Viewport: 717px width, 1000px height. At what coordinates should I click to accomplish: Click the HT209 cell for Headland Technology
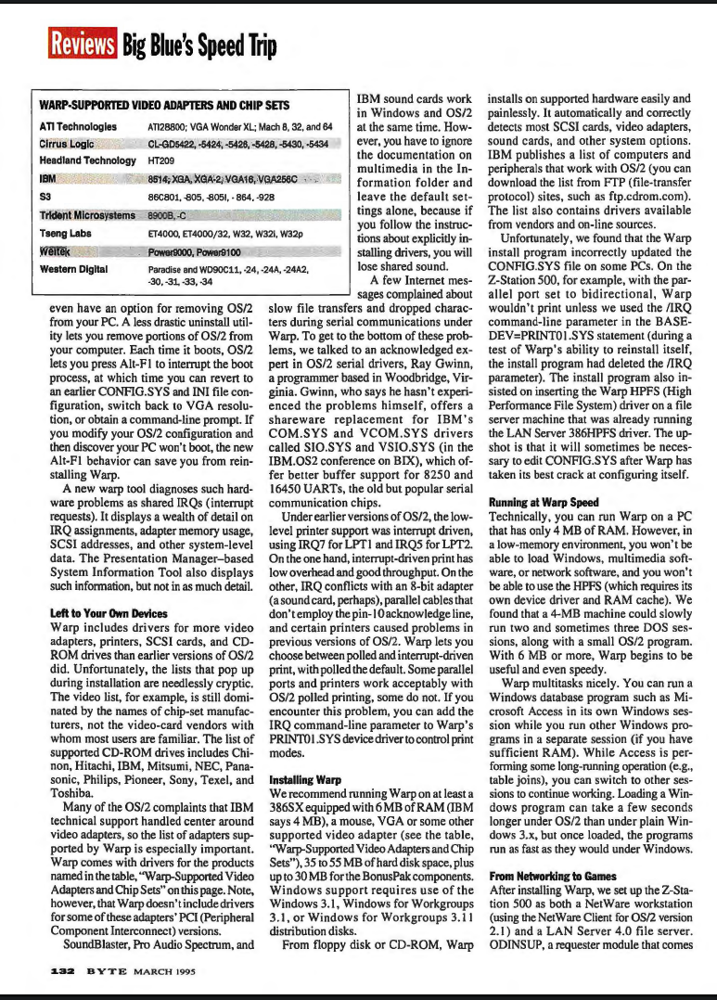161,161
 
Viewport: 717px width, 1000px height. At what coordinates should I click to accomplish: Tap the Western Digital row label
75,269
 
